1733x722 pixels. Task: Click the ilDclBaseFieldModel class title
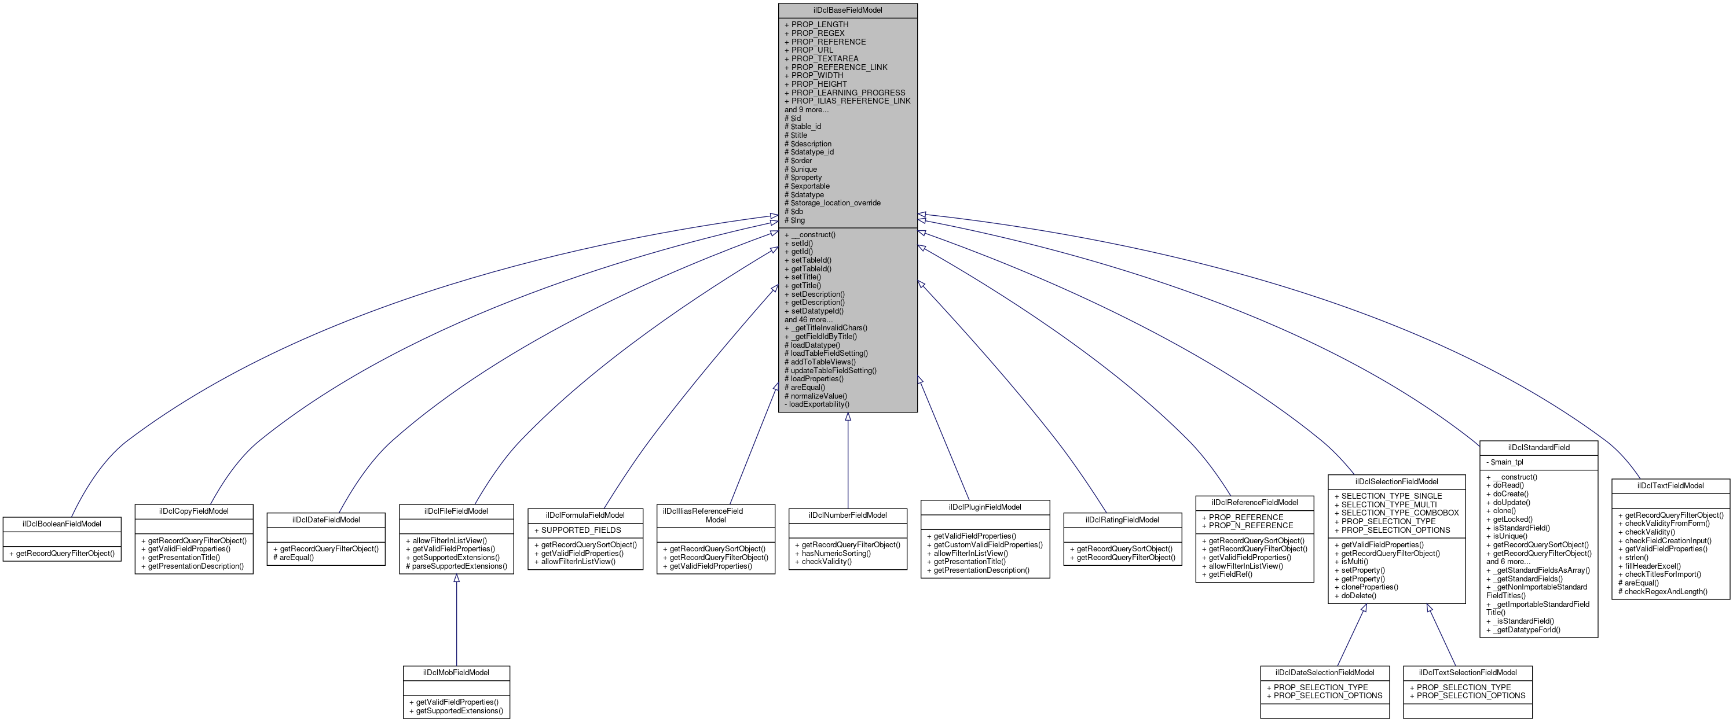coord(847,10)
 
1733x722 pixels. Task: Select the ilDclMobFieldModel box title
coord(456,672)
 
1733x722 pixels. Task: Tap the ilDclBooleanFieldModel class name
coord(62,524)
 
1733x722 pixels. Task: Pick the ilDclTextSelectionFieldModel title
coord(1467,672)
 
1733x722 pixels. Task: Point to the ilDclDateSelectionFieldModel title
coord(1325,672)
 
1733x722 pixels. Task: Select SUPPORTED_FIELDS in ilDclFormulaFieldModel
coord(581,530)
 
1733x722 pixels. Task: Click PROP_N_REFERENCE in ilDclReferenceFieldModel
coord(1250,526)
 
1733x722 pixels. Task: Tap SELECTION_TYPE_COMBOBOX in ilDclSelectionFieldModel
coord(1399,513)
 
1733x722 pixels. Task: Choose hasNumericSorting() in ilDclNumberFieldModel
coord(836,553)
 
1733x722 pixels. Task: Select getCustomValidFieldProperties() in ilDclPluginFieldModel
coord(988,544)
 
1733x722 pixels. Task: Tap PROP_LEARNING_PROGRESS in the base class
coord(848,93)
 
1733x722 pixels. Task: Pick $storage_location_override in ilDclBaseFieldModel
coord(835,202)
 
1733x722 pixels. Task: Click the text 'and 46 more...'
coord(808,319)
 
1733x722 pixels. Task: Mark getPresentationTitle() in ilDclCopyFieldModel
coord(183,557)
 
